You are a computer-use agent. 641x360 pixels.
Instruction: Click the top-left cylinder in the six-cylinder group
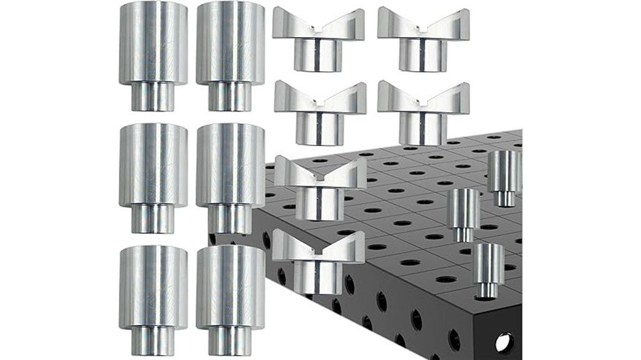[153, 44]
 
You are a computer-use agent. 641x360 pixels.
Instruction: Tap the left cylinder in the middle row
[153, 166]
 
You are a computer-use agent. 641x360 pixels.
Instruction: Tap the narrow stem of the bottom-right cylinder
[230, 341]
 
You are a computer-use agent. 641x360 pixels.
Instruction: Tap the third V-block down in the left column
[320, 188]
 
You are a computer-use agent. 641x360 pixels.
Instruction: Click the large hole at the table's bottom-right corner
[504, 342]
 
